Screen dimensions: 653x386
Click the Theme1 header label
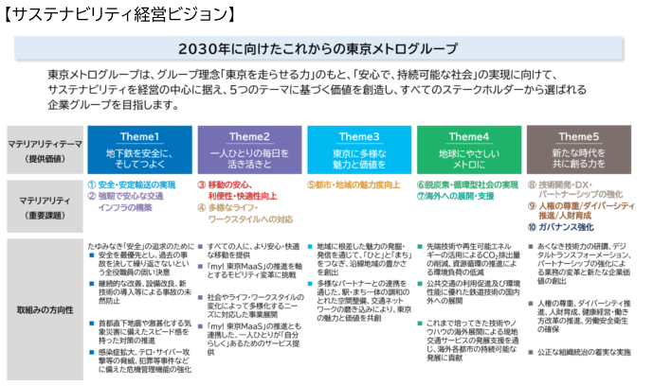tap(139, 135)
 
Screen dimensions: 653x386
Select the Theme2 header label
tap(250, 135)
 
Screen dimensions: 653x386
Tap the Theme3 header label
tap(358, 135)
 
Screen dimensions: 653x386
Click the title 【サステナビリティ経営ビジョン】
tap(120, 13)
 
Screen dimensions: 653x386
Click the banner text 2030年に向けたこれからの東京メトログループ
tap(325, 49)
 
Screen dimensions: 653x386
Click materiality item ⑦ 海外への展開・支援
tap(459, 196)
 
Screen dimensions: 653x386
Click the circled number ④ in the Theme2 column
tap(201, 206)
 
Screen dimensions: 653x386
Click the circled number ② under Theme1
tap(91, 196)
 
